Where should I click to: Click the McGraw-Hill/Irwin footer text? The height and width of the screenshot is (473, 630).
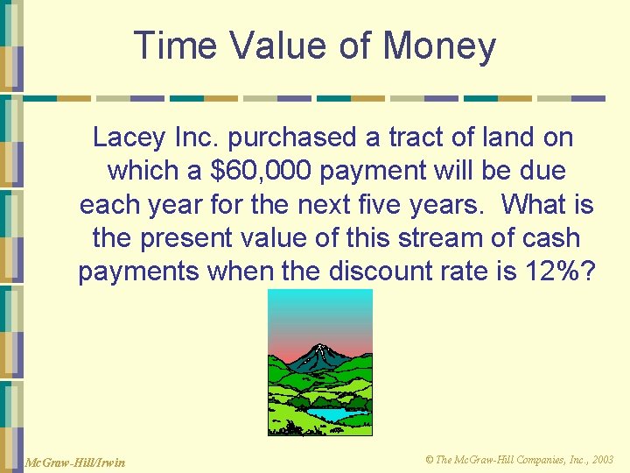[76, 462]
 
